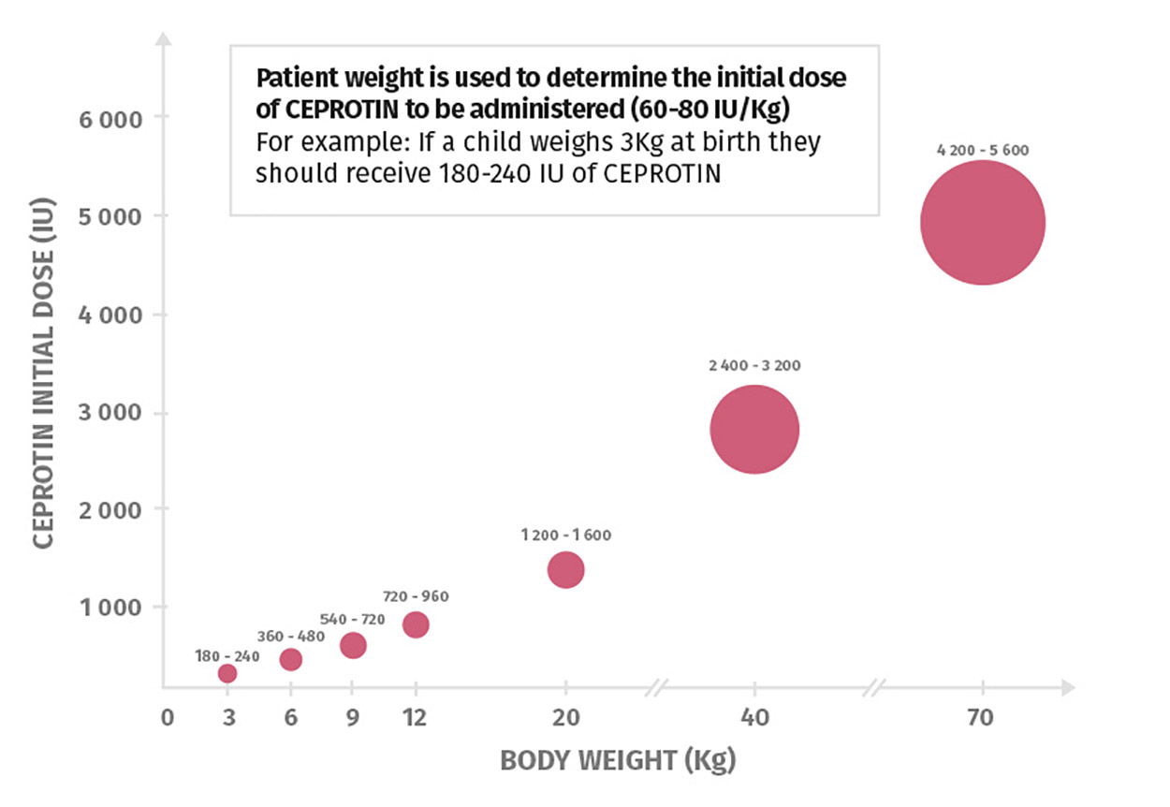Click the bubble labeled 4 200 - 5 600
tap(983, 223)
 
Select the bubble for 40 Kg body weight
tap(754, 430)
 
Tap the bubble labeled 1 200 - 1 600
tap(565, 570)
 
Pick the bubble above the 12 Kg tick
tap(416, 624)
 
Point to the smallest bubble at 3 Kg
tap(227, 673)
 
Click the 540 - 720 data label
tap(353, 620)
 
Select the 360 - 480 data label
tap(291, 637)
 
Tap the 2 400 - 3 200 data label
tap(754, 365)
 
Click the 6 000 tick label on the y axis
tap(110, 120)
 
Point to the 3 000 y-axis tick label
tap(110, 413)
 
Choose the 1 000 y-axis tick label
tap(110, 608)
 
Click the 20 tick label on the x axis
tap(566, 718)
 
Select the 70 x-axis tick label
tap(980, 718)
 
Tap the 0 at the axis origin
tap(168, 718)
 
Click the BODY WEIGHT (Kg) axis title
tap(619, 760)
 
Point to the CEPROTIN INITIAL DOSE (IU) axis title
tap(43, 373)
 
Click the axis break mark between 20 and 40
tap(656, 688)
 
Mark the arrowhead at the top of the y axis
tap(164, 38)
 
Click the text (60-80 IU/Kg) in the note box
tap(709, 110)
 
